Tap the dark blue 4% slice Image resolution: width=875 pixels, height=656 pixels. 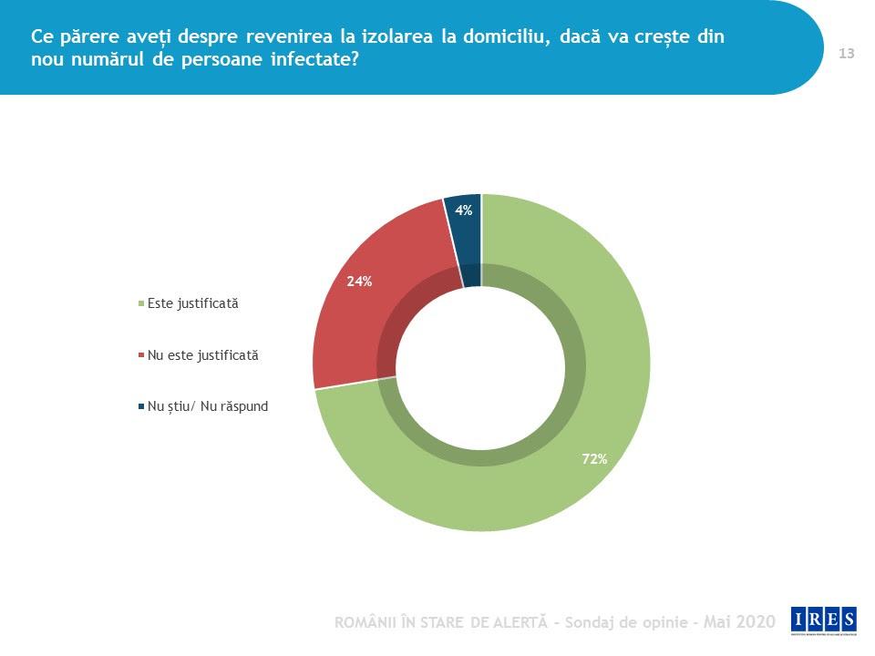tap(463, 237)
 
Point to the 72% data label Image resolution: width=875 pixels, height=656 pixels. tap(594, 459)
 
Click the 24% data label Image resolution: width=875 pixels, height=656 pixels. tap(359, 282)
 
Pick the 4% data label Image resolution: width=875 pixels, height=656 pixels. tap(464, 210)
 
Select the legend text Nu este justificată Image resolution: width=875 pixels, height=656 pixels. tap(202, 355)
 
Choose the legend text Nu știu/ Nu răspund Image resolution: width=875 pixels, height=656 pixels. tap(208, 406)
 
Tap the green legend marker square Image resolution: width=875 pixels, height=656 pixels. tap(140, 304)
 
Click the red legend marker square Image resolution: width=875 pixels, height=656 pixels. tap(140, 355)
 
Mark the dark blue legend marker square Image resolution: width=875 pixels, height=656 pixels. tap(140, 407)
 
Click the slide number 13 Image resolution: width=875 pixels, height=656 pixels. tap(846, 54)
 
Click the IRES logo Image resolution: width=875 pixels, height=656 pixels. tap(824, 620)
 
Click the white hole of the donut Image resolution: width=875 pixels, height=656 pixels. tap(481, 364)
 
